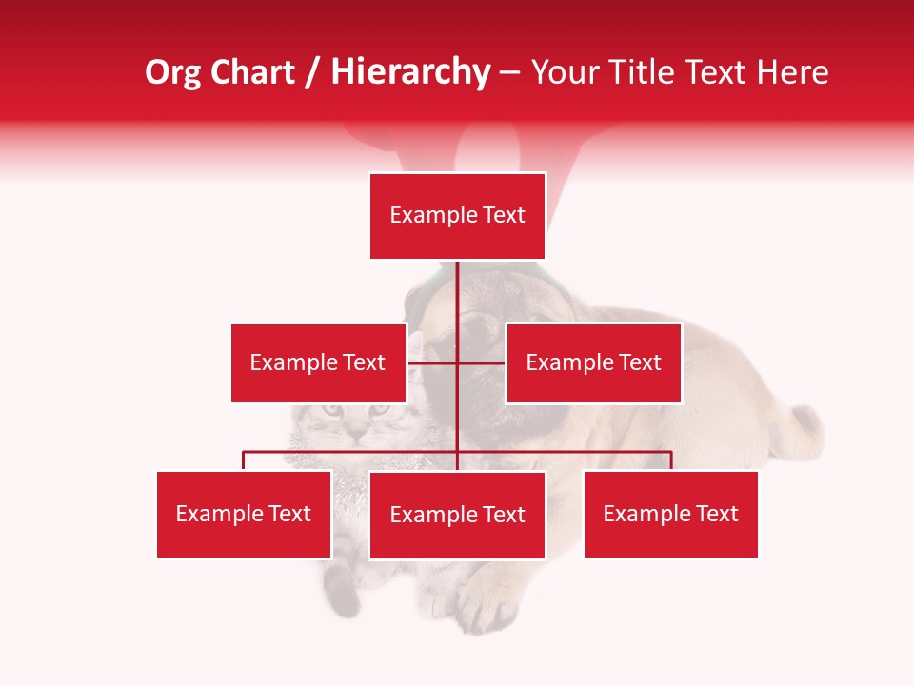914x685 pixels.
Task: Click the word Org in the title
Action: [172, 72]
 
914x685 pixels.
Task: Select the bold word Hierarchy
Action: [410, 72]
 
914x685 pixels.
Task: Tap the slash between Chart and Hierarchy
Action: [313, 73]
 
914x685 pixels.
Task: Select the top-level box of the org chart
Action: [458, 216]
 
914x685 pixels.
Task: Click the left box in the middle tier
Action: [318, 362]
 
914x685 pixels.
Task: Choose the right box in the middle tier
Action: [593, 362]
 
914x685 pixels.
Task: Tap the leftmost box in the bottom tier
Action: [244, 514]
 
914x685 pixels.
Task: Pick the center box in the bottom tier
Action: [458, 515]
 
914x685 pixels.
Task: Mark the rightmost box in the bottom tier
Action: [670, 514]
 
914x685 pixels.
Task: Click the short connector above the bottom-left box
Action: [244, 460]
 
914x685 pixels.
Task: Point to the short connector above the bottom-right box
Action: [671, 460]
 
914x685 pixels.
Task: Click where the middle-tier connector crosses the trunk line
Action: [458, 362]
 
